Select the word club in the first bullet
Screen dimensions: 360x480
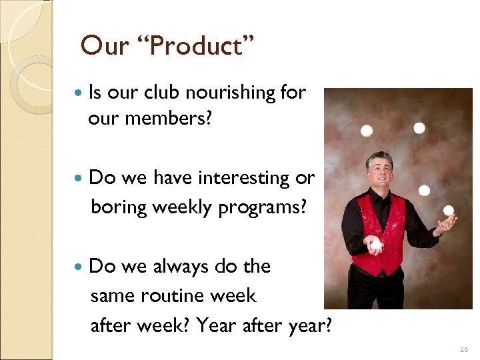point(163,93)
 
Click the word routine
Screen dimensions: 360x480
point(176,295)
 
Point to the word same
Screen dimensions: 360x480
point(113,295)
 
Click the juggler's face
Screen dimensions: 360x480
point(381,170)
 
